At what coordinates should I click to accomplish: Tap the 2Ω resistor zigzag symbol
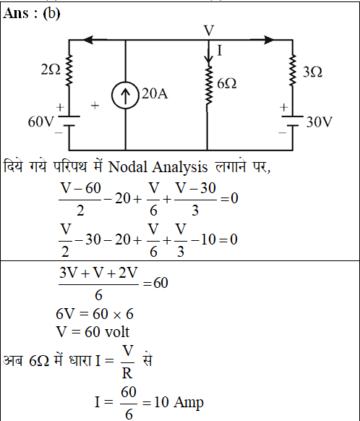coord(69,70)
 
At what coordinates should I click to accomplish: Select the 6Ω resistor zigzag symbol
coord(208,85)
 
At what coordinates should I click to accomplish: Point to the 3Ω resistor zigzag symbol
coord(292,70)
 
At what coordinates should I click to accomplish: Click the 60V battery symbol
coord(69,121)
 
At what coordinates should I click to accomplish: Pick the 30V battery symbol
coord(292,121)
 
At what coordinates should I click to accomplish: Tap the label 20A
coord(155,94)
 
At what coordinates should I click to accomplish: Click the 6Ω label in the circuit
coord(227,84)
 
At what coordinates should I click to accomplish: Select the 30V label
coord(320,122)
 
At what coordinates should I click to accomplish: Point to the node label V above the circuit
coord(209,30)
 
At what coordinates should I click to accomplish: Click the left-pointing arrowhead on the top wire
coord(88,40)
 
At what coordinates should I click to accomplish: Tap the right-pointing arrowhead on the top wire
coord(269,40)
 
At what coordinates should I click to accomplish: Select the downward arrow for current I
coord(208,54)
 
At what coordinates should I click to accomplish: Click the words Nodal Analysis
coord(158,167)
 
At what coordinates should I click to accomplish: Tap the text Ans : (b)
coord(32,14)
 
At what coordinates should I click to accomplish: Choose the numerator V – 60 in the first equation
coord(80,187)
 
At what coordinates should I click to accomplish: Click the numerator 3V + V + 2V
coord(98,273)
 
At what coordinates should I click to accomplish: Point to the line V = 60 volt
coord(93,332)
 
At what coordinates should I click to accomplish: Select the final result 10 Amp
coord(179,402)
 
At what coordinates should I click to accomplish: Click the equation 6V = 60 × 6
coord(95,314)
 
